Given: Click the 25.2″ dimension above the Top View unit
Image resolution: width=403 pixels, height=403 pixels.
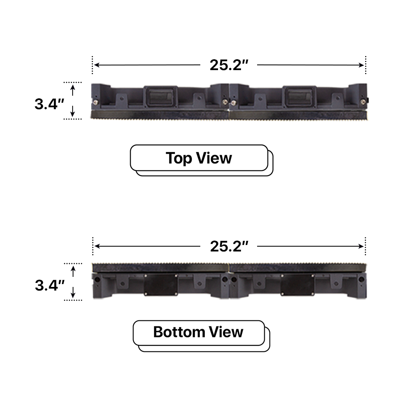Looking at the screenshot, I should point(229,65).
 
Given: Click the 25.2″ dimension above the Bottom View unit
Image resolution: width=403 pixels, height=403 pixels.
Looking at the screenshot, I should point(229,246).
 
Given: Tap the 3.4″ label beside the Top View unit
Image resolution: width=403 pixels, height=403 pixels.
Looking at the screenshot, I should point(50,104).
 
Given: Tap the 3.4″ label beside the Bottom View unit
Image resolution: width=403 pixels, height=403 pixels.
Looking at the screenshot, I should point(50,285).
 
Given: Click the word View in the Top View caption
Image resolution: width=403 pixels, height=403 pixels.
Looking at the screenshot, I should point(216,158).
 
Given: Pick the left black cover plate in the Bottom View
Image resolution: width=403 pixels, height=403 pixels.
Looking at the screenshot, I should point(161,285).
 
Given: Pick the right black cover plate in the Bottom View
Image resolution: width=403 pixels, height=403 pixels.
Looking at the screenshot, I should point(297,285).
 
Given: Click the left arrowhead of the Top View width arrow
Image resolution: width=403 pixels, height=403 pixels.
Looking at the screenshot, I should point(96,65).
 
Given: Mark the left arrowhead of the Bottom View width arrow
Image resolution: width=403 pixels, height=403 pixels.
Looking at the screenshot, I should point(96,246).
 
